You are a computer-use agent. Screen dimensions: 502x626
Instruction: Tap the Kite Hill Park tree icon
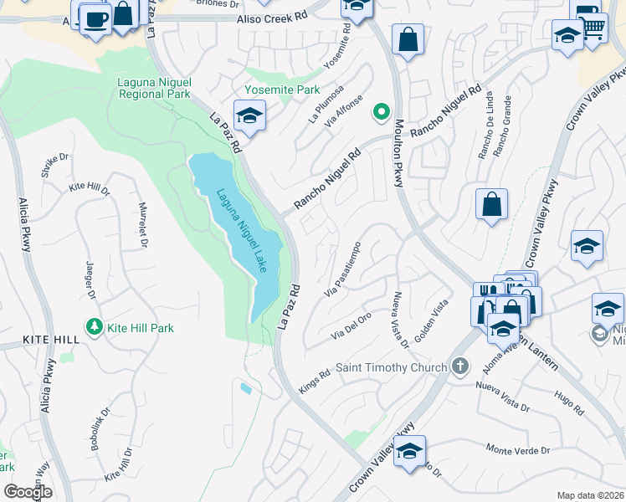95,327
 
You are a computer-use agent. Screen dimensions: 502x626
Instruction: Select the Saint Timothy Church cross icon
459,366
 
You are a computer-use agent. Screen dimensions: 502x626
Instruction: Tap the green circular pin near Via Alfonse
382,110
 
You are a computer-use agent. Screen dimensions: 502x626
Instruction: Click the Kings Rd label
314,380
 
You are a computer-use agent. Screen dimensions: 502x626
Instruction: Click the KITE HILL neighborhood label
38,340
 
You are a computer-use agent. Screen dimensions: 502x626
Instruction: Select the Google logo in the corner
28,492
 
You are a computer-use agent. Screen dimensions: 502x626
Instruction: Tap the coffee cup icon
95,18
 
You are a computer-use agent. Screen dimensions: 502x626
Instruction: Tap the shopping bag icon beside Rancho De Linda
492,204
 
